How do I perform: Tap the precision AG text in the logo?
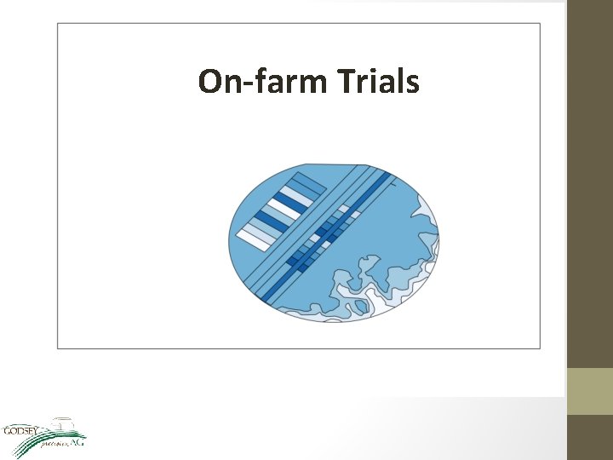click(x=64, y=442)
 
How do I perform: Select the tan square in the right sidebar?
click(x=589, y=391)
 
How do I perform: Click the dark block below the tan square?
click(x=589, y=437)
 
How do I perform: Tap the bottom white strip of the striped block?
click(x=253, y=238)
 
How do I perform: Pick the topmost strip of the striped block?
click(x=308, y=181)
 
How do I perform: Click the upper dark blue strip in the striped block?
click(x=287, y=200)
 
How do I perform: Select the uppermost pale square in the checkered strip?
click(x=344, y=208)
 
